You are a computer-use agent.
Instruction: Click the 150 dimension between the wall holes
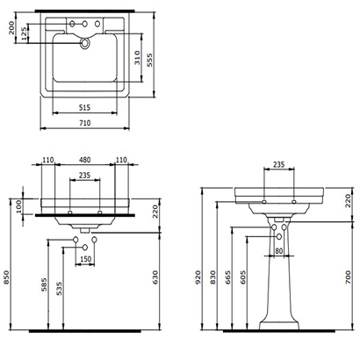(x=86, y=260)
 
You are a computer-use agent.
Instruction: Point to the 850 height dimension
(x=8, y=278)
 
